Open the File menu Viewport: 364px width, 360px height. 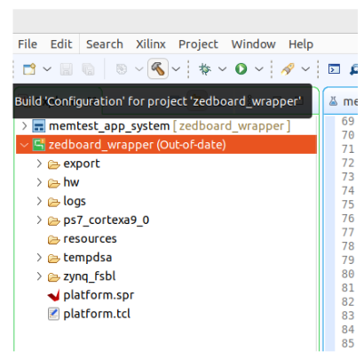[28, 44]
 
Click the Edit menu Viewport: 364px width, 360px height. [61, 44]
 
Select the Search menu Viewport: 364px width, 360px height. [105, 44]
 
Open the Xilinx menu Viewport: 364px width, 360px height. [151, 44]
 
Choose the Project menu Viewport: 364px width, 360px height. [198, 44]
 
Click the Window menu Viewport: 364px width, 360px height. [253, 44]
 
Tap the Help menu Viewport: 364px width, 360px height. [301, 44]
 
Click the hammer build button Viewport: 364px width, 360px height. [158, 68]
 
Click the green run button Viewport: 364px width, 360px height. [241, 68]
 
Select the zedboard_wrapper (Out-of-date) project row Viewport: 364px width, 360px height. [166, 145]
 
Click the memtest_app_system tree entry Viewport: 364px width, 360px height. [109, 126]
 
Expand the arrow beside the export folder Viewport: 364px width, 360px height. [39, 164]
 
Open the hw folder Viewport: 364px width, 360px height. [71, 182]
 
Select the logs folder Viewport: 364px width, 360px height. [75, 201]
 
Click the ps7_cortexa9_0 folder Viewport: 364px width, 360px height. [106, 220]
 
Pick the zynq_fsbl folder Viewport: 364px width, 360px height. [90, 276]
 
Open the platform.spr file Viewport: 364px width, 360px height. [99, 295]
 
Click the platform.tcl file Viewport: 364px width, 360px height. [97, 314]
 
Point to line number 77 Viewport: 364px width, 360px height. [348, 232]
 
